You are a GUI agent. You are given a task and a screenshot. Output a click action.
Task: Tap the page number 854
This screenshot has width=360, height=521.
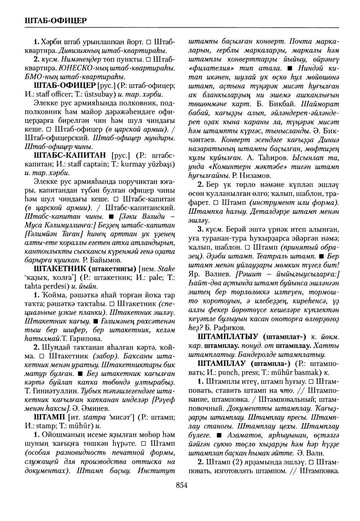coord(182,485)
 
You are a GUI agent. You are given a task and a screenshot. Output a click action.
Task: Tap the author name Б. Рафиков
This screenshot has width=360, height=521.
coord(227,327)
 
